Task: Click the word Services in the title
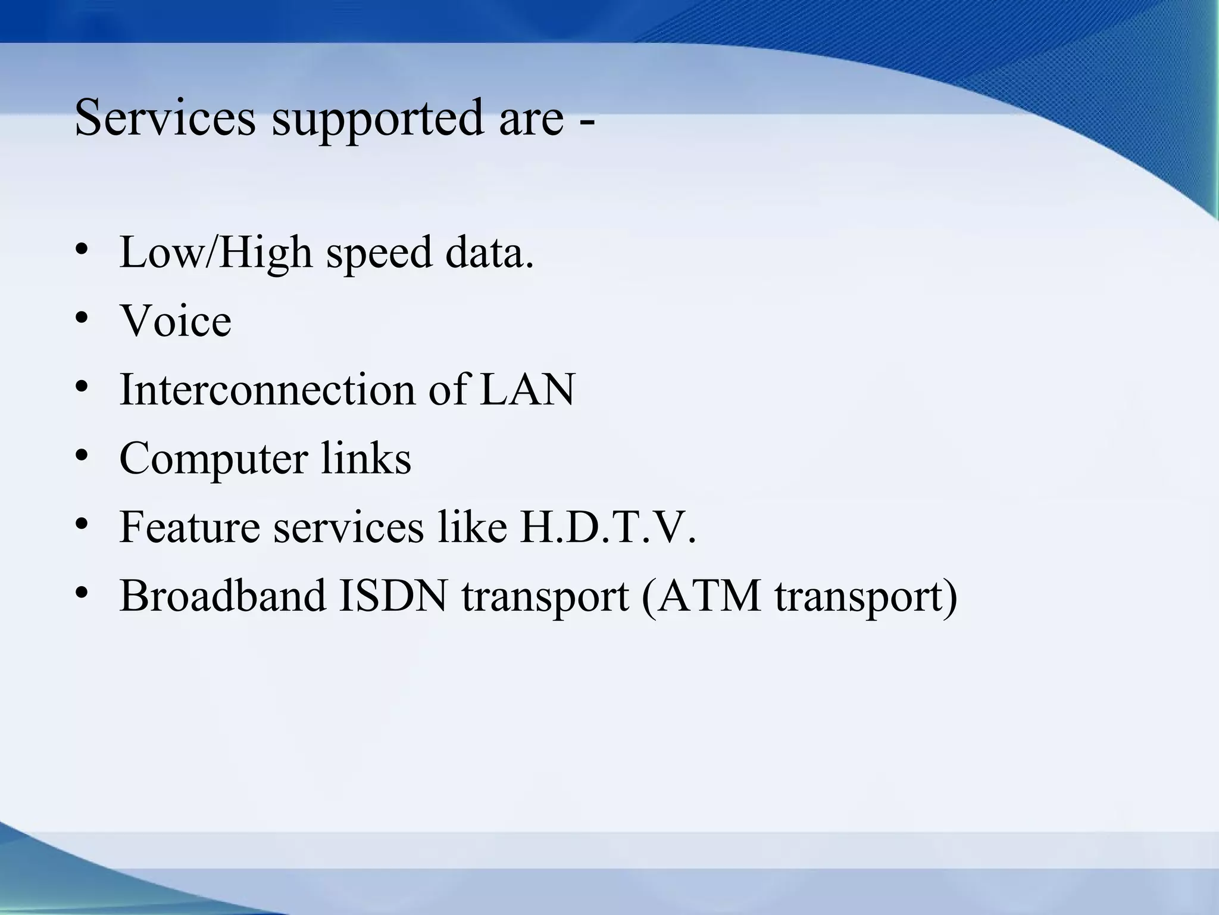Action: [x=165, y=117]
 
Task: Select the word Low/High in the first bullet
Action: [x=216, y=253]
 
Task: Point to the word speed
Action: [x=379, y=254]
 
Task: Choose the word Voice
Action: [x=176, y=321]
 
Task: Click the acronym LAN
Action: [x=527, y=390]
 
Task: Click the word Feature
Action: [x=190, y=527]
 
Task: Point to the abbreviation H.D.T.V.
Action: [x=607, y=527]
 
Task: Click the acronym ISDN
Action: [x=393, y=595]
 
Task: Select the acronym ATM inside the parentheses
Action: [x=709, y=595]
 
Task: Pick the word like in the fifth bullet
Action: [x=472, y=527]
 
